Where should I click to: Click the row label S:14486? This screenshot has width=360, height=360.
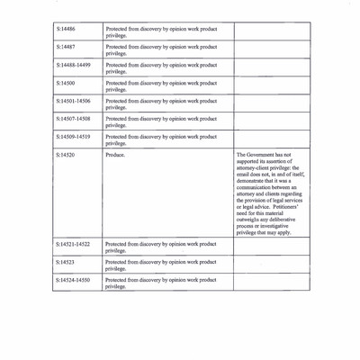(65, 29)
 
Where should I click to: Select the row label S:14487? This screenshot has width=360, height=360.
(65, 47)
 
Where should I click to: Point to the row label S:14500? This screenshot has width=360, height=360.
(65, 83)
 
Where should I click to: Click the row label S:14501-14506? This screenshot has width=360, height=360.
(73, 101)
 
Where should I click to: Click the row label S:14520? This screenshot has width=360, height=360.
(65, 155)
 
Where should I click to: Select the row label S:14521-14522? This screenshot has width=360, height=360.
(73, 244)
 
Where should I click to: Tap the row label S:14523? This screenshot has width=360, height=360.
(65, 262)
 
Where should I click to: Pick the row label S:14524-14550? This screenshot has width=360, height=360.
(73, 280)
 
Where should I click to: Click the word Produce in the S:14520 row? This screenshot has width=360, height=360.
(115, 155)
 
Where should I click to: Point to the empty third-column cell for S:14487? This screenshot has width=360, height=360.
(272, 49)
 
